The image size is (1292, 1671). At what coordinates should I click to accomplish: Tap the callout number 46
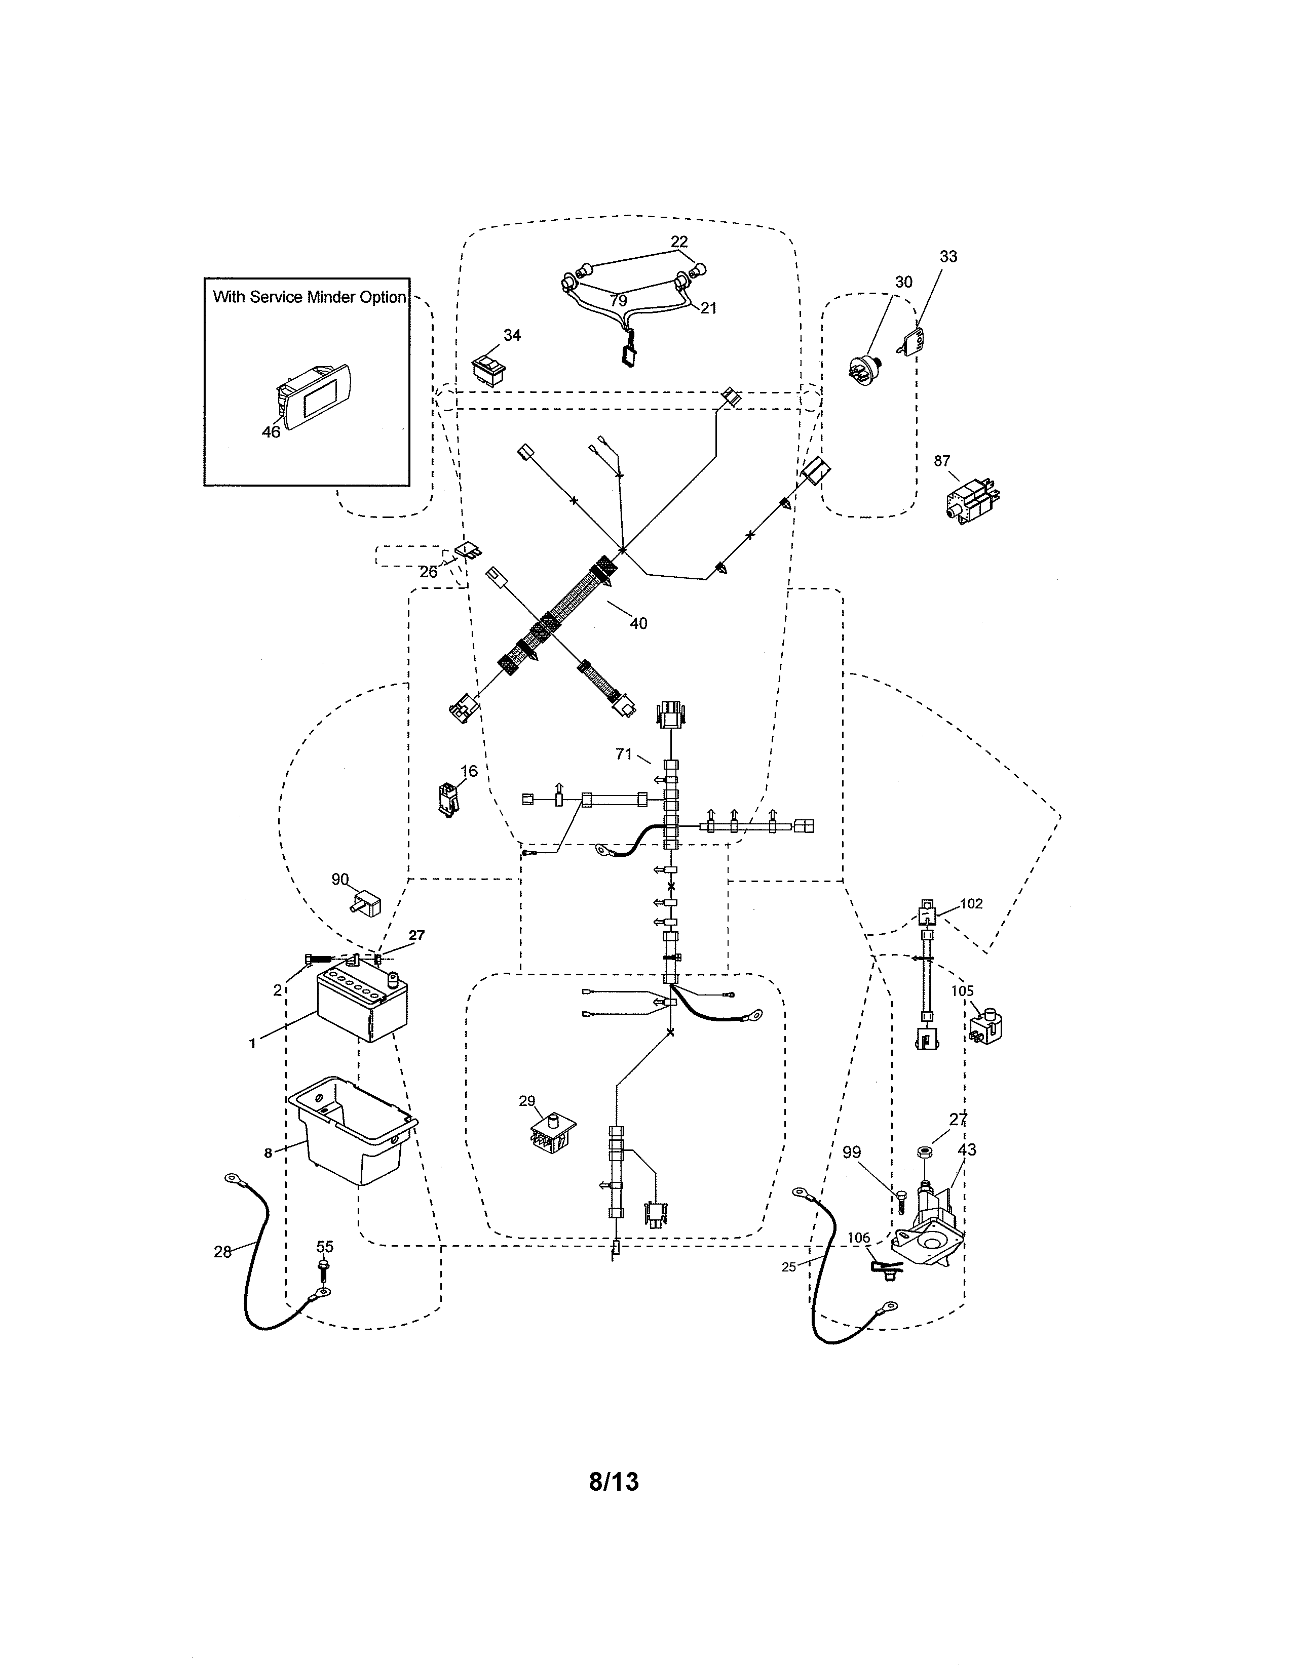pyautogui.click(x=271, y=431)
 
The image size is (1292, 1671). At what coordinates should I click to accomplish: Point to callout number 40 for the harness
pyautogui.click(x=638, y=623)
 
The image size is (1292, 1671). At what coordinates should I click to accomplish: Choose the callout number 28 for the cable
pyautogui.click(x=222, y=1252)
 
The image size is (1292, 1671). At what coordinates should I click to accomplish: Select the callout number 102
pyautogui.click(x=971, y=903)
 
